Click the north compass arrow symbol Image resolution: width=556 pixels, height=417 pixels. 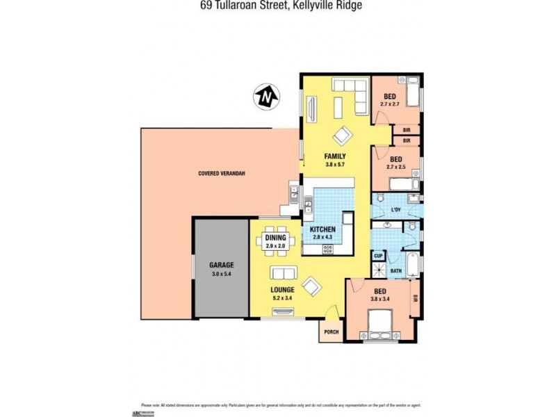tap(265, 97)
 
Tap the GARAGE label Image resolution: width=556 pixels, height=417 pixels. tap(222, 265)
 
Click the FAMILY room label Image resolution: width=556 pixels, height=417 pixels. tap(335, 156)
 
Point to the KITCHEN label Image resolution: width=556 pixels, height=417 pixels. tap(323, 229)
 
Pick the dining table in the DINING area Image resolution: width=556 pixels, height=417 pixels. tap(275, 238)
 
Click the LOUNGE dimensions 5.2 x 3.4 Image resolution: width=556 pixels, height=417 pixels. tap(283, 298)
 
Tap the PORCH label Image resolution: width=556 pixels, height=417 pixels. tap(332, 332)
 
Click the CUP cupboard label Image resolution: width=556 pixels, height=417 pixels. tap(379, 256)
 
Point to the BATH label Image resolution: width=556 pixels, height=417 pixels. tap(395, 271)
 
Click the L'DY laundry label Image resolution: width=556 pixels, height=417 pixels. tap(396, 209)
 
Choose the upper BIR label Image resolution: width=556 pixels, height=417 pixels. tap(407, 129)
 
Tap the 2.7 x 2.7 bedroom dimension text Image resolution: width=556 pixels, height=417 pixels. tap(390, 104)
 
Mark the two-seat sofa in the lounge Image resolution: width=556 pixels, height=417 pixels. tap(282, 272)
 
